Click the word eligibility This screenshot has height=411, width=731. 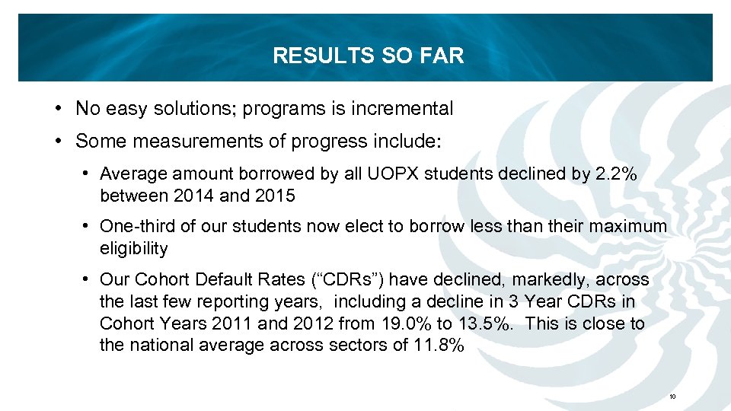point(133,248)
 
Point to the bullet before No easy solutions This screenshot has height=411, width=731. point(59,109)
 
